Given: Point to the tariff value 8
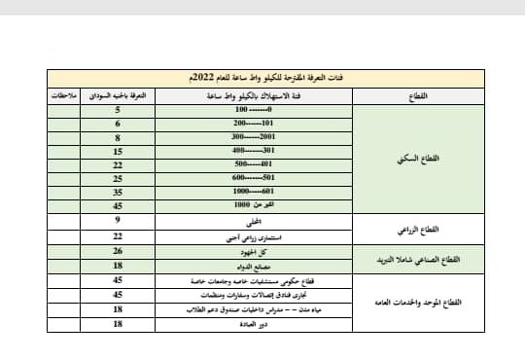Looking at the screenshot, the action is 117,139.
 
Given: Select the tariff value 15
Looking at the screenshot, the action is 117,153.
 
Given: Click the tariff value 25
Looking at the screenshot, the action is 117,179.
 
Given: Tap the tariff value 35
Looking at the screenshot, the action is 117,193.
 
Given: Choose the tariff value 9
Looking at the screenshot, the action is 117,221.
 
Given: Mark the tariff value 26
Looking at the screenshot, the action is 117,250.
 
